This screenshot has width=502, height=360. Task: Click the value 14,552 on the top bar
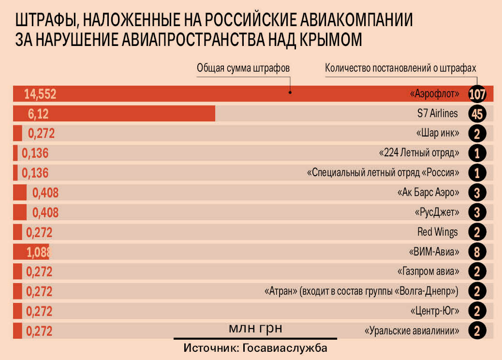tap(40, 94)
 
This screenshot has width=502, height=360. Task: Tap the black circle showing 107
tap(477, 94)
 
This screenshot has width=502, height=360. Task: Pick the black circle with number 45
tap(477, 114)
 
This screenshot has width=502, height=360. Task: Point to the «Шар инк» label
tap(437, 133)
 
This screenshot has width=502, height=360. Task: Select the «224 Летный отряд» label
tap(419, 153)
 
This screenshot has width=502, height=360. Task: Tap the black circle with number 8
tap(477, 252)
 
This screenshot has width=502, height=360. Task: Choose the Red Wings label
tap(437, 232)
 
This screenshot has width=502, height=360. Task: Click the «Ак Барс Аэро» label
tap(427, 193)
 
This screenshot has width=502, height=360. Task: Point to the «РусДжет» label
tap(436, 212)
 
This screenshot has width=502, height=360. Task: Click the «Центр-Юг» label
tap(434, 310)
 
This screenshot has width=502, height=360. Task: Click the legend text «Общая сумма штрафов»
tap(243, 68)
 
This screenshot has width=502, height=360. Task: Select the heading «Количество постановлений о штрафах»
tap(401, 68)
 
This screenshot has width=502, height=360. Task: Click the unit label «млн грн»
tap(255, 328)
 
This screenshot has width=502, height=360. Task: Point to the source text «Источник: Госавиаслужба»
tap(255, 348)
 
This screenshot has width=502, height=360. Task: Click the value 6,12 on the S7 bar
tap(38, 114)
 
